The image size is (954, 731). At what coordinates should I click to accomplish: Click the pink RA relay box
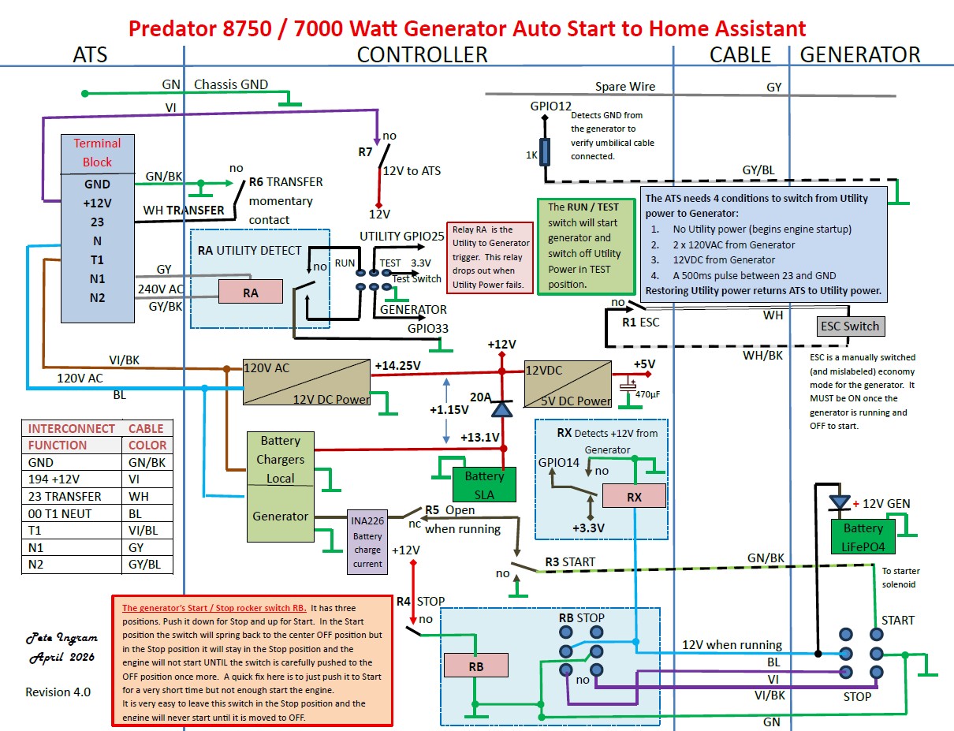coord(250,292)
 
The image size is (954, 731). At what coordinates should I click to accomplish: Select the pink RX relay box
coord(634,496)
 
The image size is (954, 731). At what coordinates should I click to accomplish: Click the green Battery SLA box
coord(484,484)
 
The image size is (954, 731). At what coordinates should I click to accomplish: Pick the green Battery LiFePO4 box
coord(863,536)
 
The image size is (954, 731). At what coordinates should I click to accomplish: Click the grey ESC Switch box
coord(851,326)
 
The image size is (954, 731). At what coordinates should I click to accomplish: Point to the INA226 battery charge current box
coord(367,542)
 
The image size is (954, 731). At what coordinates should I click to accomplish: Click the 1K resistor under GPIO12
coord(544,152)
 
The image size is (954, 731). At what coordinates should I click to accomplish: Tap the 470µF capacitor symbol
coord(628,386)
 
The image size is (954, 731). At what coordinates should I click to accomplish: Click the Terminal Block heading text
coord(97,152)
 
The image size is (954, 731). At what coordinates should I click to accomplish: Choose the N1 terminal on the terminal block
coord(97,279)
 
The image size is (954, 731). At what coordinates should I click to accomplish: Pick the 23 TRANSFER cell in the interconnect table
coord(65,496)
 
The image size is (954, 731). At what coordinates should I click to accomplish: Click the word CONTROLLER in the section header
coord(422,55)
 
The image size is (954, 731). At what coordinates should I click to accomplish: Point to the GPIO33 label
coord(427,328)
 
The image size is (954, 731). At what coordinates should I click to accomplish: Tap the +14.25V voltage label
coord(397,365)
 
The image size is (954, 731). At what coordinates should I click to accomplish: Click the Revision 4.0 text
coord(58,692)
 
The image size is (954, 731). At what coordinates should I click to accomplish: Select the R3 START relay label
coord(570,561)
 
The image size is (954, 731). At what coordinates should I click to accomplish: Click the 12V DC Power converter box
coord(307,382)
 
